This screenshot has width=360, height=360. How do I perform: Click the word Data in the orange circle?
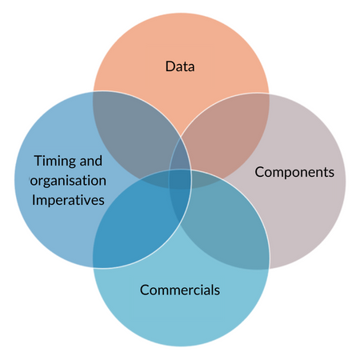point(180,66)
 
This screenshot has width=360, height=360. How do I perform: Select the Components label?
point(294,172)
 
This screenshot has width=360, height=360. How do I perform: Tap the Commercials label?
point(180,290)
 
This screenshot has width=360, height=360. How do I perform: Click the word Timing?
point(55,162)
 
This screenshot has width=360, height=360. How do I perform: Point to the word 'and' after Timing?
point(91,161)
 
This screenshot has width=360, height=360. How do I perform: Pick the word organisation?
point(68,181)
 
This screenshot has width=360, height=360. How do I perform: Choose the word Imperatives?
point(68,201)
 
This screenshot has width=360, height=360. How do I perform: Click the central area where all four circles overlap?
point(180,179)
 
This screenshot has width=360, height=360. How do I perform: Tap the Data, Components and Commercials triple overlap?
point(206,179)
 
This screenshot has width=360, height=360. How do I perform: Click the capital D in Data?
point(170,66)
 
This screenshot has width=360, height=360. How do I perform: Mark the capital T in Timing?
point(38,161)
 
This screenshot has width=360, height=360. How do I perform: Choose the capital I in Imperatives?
point(34,200)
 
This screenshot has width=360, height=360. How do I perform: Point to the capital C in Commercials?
point(145,290)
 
